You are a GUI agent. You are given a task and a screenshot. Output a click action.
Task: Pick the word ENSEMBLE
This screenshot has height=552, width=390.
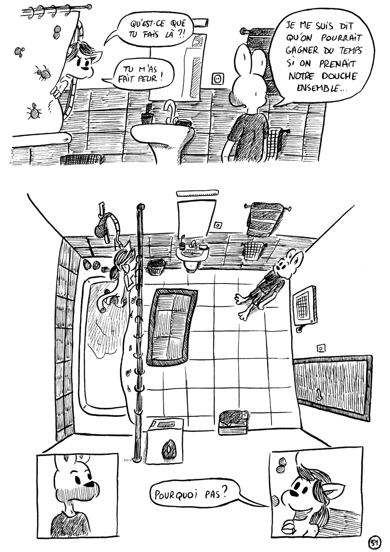(321, 88)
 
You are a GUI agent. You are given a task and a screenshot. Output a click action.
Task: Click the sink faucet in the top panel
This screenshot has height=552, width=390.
(171, 110)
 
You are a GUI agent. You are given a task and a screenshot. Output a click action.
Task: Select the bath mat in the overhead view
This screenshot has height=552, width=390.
(172, 327)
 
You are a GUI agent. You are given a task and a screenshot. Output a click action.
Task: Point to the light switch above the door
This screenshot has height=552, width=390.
(321, 348)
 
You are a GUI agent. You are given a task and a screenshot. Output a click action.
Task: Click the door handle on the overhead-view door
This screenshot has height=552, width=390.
(318, 395)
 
